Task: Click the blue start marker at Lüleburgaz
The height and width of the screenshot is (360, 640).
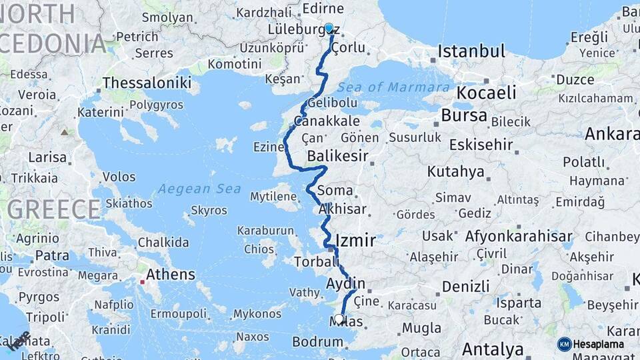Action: [x=329, y=29]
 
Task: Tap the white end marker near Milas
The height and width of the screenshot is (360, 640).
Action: [x=339, y=319]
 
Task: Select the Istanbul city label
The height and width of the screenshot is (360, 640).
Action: [x=472, y=51]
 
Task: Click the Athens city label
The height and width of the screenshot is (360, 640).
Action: [x=171, y=274]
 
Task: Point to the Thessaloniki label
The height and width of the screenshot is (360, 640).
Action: [x=147, y=83]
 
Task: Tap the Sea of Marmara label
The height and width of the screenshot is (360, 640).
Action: [x=393, y=87]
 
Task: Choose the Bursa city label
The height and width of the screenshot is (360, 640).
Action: [x=464, y=115]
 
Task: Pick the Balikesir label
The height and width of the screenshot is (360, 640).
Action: [x=338, y=157]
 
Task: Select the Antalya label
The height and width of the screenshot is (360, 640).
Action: [x=493, y=349]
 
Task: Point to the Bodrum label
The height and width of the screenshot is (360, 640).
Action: [x=317, y=342]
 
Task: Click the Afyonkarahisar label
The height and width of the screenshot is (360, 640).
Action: [x=519, y=236]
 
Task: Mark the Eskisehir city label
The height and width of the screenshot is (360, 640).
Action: [x=481, y=145]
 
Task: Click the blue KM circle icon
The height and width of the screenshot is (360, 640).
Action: [x=565, y=344]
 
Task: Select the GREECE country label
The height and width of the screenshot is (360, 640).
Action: [x=55, y=209]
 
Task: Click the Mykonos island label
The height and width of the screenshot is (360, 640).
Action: [x=257, y=313]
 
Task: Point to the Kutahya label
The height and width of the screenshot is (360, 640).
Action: [x=456, y=171]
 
